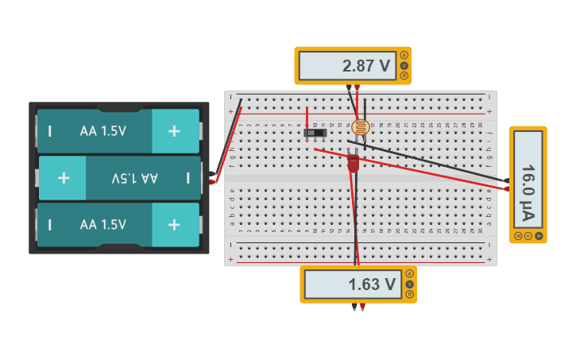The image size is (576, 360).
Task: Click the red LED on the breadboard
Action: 354,163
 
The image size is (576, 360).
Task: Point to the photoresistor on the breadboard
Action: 361,127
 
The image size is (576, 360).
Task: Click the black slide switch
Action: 315,133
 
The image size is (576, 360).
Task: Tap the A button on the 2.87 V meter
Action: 404,55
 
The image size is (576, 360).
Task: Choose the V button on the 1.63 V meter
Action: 410,284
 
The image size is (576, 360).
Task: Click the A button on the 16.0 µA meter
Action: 539,236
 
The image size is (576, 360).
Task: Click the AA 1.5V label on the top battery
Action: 102,131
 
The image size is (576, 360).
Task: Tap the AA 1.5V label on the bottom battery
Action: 102,225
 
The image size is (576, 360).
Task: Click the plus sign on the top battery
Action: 173,131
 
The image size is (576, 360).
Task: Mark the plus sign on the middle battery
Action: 64,178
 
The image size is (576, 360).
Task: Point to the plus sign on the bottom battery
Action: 173,225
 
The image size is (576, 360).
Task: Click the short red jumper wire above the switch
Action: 307,116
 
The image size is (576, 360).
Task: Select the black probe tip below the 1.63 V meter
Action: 354,307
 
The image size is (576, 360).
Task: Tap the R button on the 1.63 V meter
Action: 410,294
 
